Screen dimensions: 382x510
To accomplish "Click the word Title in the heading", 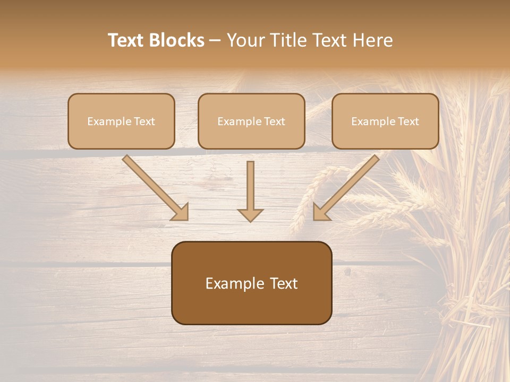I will point(286,40).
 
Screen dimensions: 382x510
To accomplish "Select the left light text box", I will point(121,121).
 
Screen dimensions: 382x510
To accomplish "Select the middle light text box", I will point(251,121).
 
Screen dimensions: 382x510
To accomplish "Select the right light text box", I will point(385,121).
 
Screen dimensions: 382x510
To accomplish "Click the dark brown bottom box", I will point(251,283).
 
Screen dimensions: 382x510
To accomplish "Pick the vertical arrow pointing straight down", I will point(250,188).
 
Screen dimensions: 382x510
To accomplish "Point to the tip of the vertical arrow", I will point(250,220).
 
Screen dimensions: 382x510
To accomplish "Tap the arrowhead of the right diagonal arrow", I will point(319,213).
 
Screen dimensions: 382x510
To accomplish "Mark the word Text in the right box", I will point(407,121).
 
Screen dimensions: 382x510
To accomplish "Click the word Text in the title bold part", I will point(127,40).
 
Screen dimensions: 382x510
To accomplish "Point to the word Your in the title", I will point(245,40).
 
